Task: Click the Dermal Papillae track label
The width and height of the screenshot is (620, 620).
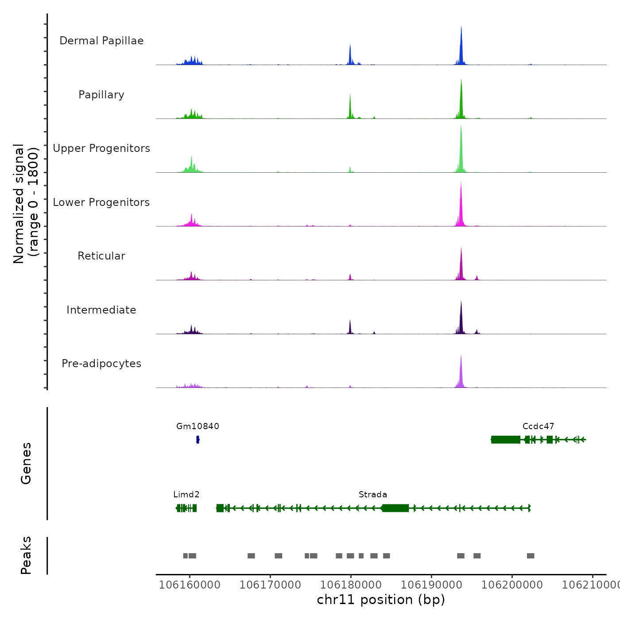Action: (x=101, y=41)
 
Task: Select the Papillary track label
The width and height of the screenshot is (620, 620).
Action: (x=101, y=95)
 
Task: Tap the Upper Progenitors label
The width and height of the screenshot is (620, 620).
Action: (x=101, y=148)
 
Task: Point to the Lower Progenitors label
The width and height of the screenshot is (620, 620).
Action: (x=101, y=202)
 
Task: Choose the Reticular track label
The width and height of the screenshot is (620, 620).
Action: (x=101, y=256)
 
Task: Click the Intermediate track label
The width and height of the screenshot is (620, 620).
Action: (x=101, y=310)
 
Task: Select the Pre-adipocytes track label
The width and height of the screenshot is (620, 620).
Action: (x=101, y=364)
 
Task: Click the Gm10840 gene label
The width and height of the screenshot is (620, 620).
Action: (x=198, y=426)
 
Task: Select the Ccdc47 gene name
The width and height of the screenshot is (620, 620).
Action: (x=538, y=426)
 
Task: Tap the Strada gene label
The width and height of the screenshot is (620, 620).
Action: (x=373, y=494)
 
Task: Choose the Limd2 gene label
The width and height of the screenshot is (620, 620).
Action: (x=186, y=494)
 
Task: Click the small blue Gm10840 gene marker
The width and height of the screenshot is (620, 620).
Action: (x=198, y=439)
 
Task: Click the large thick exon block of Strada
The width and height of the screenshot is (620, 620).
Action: (x=395, y=508)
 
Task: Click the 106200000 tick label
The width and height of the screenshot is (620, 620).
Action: (x=512, y=585)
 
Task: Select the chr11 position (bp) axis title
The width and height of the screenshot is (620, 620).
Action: (x=381, y=600)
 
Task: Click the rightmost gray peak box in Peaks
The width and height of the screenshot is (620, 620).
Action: (x=531, y=556)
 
